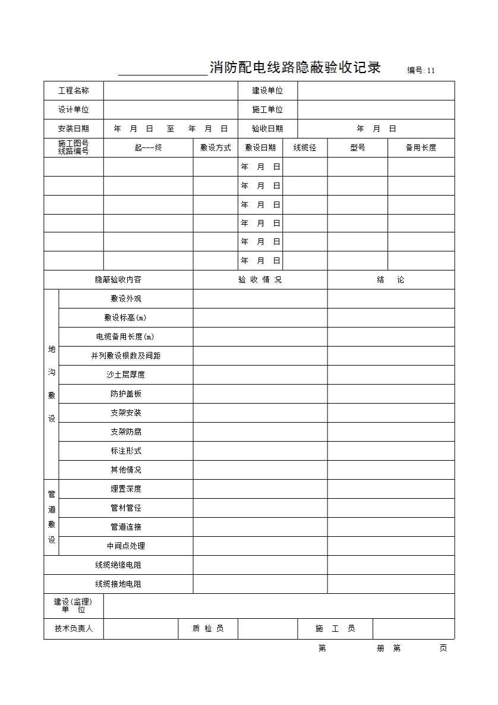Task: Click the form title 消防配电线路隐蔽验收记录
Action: [295, 67]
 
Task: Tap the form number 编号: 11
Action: [421, 70]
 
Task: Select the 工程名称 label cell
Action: [74, 90]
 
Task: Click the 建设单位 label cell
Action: [267, 90]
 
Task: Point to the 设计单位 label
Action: [74, 109]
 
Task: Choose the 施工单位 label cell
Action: [267, 109]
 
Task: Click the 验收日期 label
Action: [267, 128]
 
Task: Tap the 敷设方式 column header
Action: [215, 147]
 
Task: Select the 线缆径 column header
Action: [305, 147]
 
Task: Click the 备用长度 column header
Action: [421, 147]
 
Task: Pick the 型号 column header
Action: [357, 147]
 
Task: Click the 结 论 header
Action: [390, 279]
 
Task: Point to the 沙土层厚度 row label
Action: [125, 374]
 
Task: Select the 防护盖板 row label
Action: [125, 394]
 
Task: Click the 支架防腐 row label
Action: [125, 432]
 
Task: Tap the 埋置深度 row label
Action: [125, 489]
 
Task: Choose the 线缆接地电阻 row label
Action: [118, 584]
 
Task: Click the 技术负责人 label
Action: [74, 628]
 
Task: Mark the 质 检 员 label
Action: [208, 628]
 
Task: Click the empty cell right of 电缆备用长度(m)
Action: [260, 336]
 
